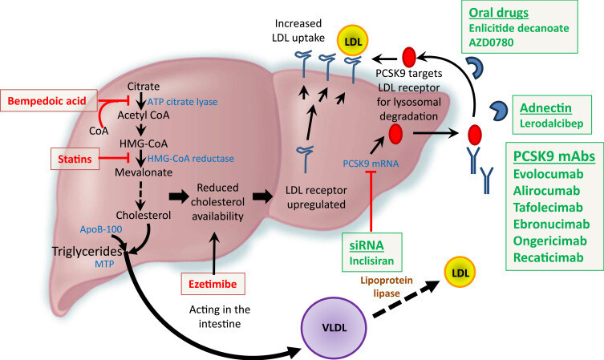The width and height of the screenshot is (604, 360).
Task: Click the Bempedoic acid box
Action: coord(51,101)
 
